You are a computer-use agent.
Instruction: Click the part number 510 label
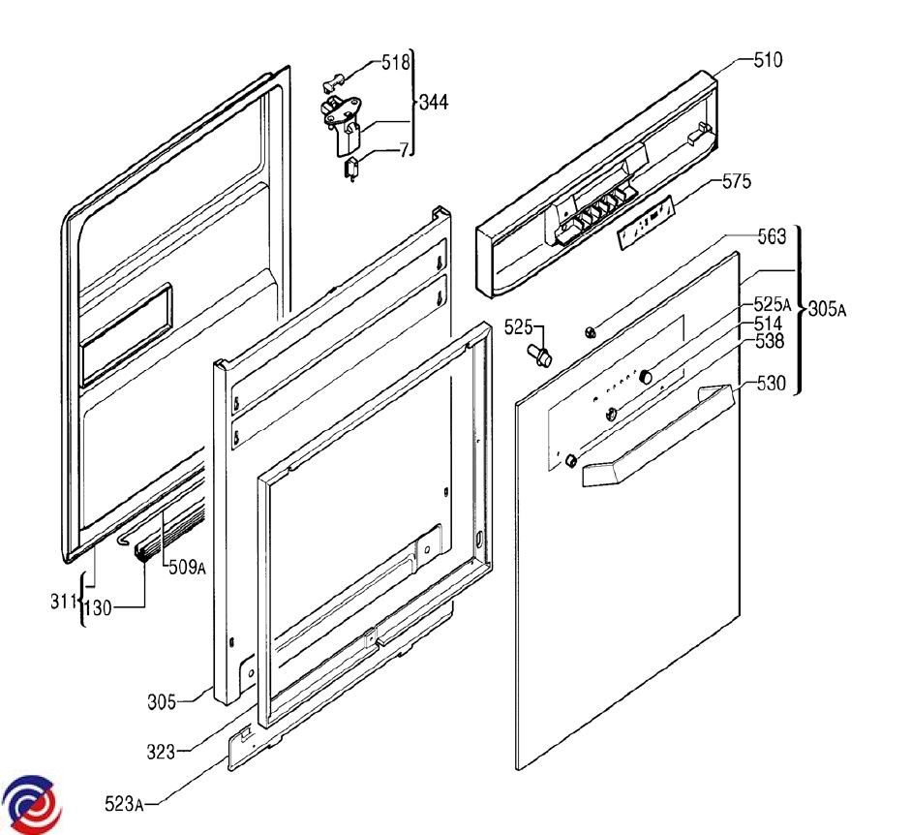(768, 59)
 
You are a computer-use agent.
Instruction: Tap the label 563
(771, 235)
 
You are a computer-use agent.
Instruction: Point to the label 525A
(772, 304)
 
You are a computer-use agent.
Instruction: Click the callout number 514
(768, 323)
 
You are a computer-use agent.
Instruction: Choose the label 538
(768, 341)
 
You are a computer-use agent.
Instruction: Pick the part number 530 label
(771, 384)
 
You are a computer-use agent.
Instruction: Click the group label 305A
(827, 310)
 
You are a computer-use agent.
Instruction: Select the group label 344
(433, 102)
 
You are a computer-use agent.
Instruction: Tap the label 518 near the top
(395, 63)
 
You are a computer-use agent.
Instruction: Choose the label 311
(64, 603)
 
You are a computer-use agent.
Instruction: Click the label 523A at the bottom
(125, 803)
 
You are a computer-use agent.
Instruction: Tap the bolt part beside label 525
(539, 354)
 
